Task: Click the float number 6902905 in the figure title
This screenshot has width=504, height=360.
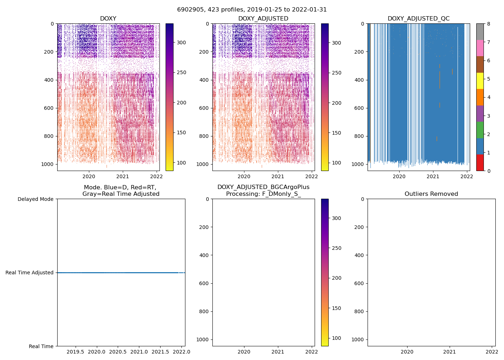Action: (x=188, y=10)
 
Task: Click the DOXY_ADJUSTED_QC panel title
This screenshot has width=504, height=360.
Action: (x=418, y=19)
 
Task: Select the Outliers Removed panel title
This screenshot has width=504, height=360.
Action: (x=431, y=194)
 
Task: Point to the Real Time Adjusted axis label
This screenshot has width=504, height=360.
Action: (x=29, y=273)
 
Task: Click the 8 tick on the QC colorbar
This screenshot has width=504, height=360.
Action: (x=489, y=24)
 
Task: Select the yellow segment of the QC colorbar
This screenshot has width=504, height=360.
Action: (x=480, y=81)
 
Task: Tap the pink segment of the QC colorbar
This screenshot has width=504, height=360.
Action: (x=480, y=48)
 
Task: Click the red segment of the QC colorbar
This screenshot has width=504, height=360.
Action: (x=480, y=162)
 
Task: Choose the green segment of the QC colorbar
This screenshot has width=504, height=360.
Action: (x=480, y=130)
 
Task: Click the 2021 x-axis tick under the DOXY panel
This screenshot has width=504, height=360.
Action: (x=123, y=176)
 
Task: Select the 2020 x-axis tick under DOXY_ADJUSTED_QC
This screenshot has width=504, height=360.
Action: (x=399, y=176)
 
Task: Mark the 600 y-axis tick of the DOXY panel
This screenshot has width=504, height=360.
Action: (x=49, y=108)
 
